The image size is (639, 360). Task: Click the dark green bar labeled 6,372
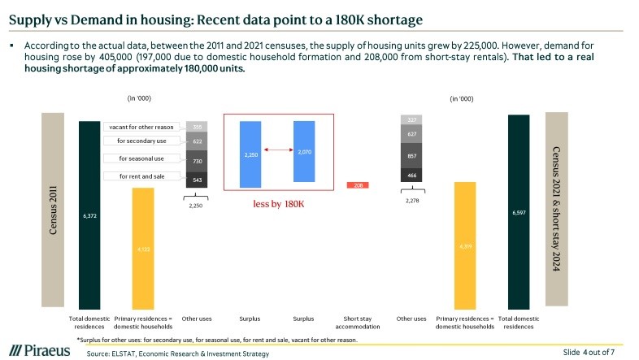pos(89,215)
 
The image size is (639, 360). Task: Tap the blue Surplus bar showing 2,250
pos(250,154)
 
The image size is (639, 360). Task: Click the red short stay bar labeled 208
pos(358,185)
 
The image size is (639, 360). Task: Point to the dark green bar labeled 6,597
pos(518,212)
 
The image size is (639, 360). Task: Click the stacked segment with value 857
pos(411,154)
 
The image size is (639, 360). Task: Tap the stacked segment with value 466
pos(411,175)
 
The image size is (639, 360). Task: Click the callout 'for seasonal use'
pos(141,158)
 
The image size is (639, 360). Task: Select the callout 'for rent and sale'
pos(141,176)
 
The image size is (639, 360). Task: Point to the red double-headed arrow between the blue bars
pos(276,150)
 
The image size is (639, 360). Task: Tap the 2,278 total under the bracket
pos(411,199)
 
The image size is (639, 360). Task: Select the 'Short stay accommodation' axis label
pos(358,322)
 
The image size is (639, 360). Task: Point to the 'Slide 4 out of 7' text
pos(589,351)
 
